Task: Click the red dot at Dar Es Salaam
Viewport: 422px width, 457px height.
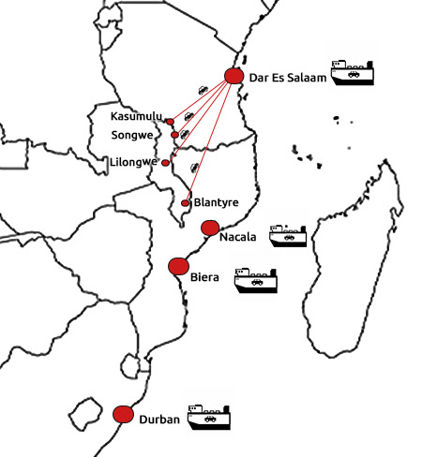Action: point(234,76)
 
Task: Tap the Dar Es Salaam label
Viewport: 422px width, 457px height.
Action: point(288,78)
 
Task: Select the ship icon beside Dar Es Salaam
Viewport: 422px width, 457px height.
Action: point(353,73)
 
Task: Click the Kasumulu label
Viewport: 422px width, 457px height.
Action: point(136,116)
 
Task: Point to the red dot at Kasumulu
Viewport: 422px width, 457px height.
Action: point(170,122)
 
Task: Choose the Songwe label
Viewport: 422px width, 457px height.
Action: point(132,135)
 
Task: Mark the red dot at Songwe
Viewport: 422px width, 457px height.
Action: point(174,135)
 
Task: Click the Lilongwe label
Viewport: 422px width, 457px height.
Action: point(133,162)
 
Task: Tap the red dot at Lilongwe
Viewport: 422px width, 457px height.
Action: point(165,163)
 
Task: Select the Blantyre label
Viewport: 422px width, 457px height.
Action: point(217,202)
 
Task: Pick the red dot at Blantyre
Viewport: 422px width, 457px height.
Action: point(185,203)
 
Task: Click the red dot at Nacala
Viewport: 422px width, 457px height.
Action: point(210,228)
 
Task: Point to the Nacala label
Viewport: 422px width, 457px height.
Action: point(238,237)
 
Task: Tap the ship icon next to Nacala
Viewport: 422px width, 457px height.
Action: point(288,236)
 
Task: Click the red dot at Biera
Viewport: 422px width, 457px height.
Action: point(178,266)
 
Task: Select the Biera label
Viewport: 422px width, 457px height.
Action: point(204,277)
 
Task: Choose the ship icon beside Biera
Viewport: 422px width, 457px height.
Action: point(256,280)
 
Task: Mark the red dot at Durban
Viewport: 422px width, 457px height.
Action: point(123,415)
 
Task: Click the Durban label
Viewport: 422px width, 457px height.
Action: point(159,420)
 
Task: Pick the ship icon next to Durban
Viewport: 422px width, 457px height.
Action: point(209,417)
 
